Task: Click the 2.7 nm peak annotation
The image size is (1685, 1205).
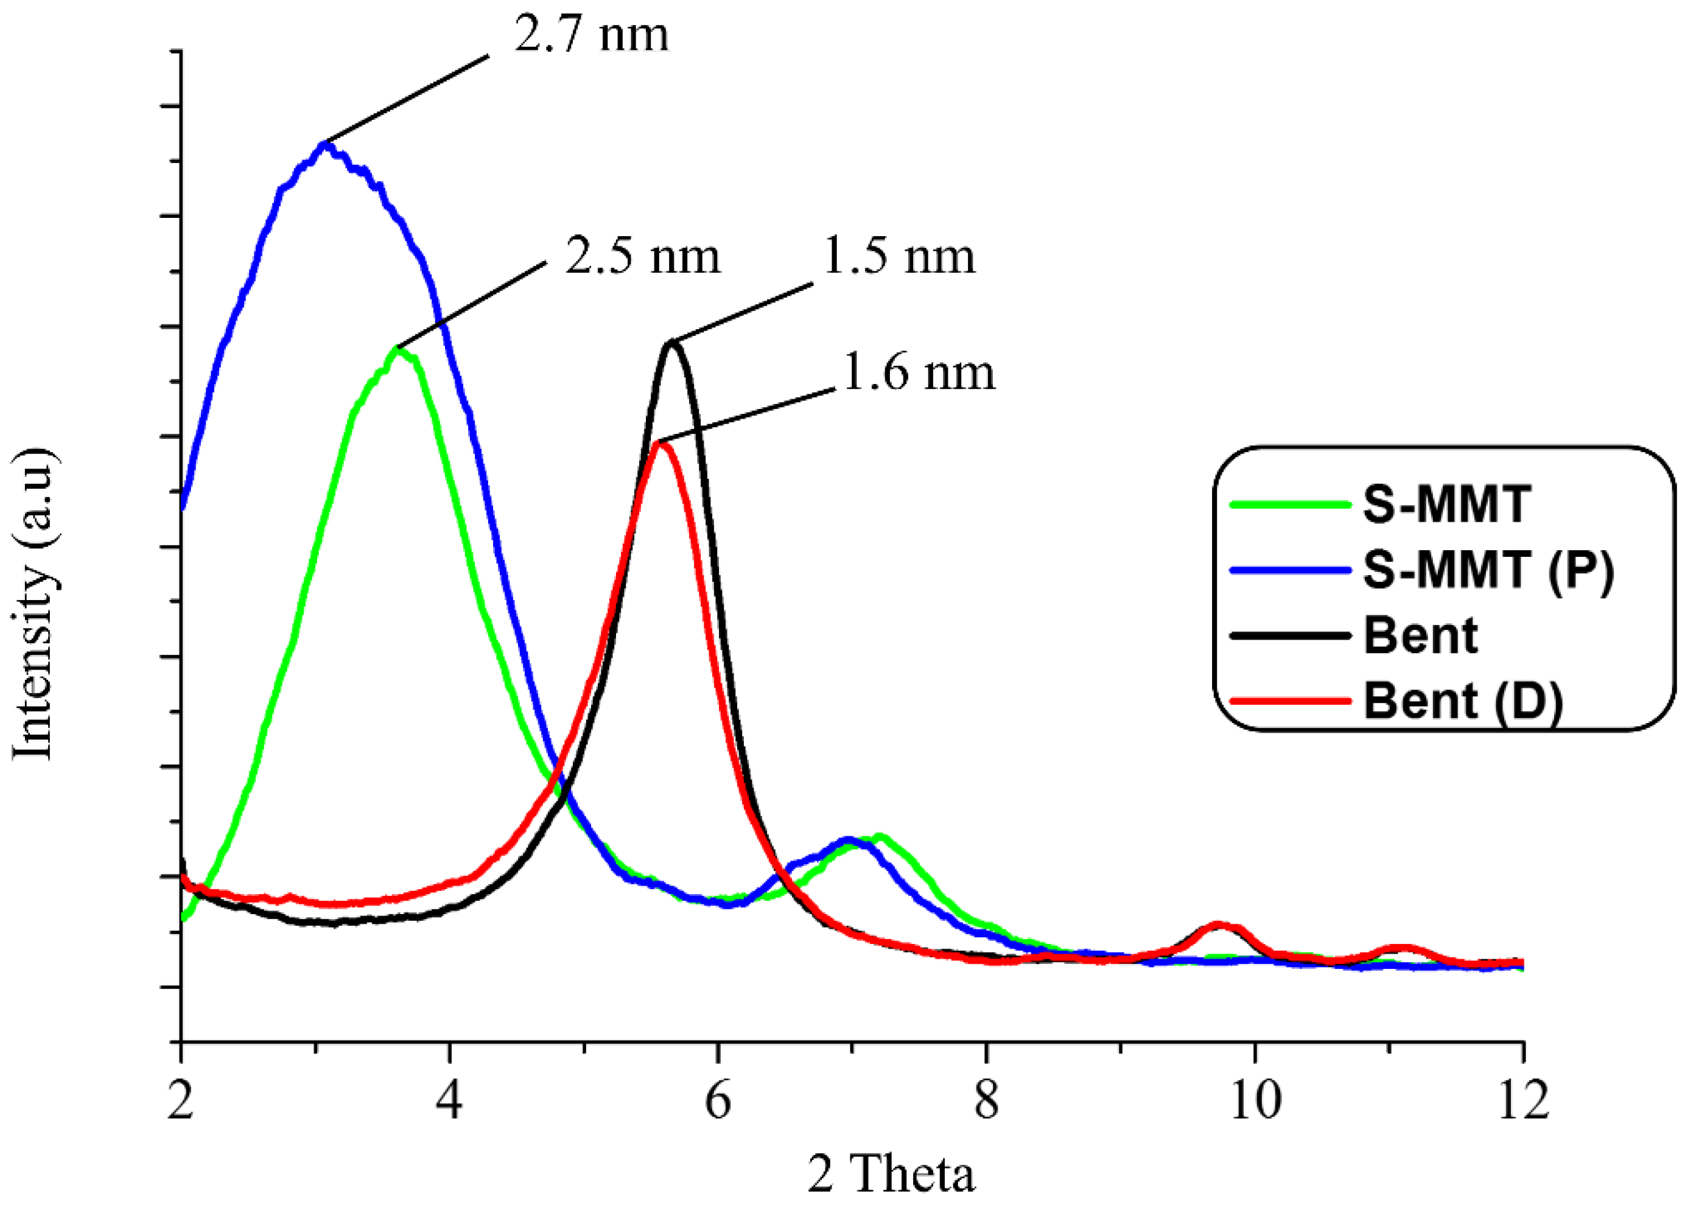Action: click(x=591, y=34)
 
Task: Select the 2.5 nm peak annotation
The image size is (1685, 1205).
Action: click(x=643, y=257)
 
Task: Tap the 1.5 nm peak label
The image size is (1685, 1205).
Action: click(x=899, y=257)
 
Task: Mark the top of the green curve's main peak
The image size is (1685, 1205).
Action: click(x=398, y=349)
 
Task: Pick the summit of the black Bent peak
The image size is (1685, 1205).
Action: click(x=673, y=343)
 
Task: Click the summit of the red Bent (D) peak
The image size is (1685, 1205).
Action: click(x=660, y=443)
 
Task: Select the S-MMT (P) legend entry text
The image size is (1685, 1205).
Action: click(x=1488, y=570)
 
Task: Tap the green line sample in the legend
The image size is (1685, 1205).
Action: click(x=1289, y=505)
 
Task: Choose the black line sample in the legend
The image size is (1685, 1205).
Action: click(x=1289, y=635)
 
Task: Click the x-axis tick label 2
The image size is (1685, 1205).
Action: click(x=180, y=1100)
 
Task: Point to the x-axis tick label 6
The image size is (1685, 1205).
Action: click(x=718, y=1100)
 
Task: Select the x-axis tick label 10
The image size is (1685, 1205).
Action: click(x=1255, y=1100)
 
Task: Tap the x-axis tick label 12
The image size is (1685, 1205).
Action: click(x=1523, y=1100)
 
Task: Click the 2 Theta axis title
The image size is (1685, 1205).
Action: click(x=891, y=1175)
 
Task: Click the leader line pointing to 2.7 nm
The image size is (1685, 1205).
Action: click(x=408, y=98)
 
